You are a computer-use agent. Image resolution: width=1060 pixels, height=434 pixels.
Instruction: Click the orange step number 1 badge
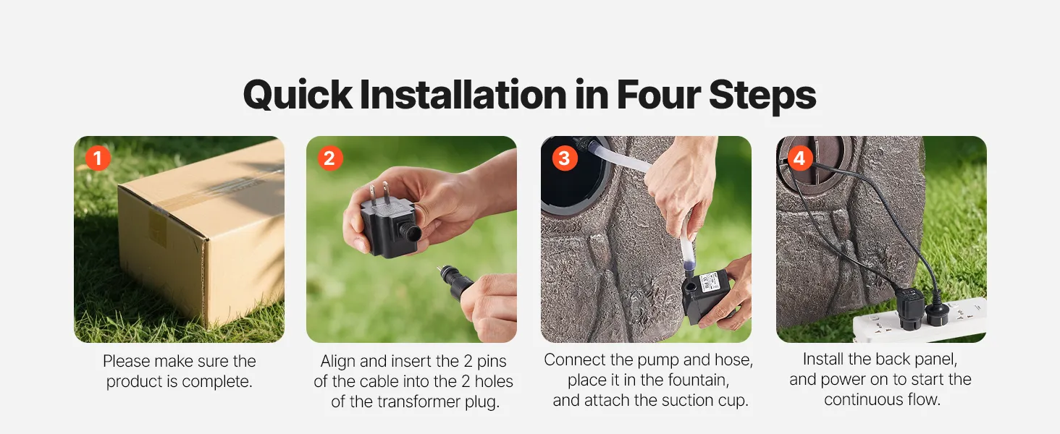(x=98, y=158)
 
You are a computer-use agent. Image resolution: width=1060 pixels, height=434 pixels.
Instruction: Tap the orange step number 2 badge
(x=330, y=158)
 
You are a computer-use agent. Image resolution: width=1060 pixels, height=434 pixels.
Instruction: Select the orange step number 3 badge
(x=565, y=158)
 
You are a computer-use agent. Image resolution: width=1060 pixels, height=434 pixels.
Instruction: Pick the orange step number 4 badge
(x=800, y=158)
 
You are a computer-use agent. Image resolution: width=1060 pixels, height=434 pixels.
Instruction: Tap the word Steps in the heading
(x=762, y=97)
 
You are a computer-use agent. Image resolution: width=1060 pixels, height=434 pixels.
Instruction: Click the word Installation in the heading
(x=463, y=95)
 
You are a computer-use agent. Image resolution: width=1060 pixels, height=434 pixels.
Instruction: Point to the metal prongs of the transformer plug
(x=379, y=193)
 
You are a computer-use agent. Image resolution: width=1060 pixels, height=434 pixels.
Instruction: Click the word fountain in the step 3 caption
(x=691, y=380)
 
